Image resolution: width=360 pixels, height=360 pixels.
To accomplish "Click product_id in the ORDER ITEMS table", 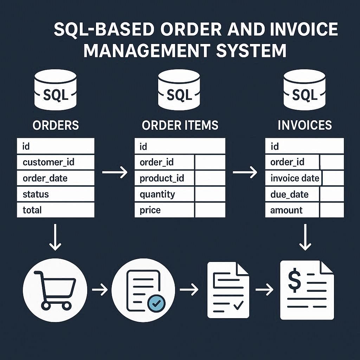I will pyautogui.click(x=162, y=178).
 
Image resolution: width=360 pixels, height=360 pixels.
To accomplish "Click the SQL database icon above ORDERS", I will pyautogui.click(x=56, y=90).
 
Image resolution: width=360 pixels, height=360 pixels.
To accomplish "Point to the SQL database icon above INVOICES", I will pyautogui.click(x=304, y=90).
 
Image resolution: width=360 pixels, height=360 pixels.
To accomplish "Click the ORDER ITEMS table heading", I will pyautogui.click(x=180, y=126).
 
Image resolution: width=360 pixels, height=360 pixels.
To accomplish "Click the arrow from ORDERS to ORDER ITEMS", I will pyautogui.click(x=115, y=172).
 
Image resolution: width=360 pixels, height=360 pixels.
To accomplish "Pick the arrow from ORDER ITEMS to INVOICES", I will pyautogui.click(x=245, y=172).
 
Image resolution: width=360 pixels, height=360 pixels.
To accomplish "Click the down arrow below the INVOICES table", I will pyautogui.click(x=304, y=238).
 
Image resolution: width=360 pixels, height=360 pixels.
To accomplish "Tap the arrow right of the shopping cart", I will pyautogui.click(x=100, y=290).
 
